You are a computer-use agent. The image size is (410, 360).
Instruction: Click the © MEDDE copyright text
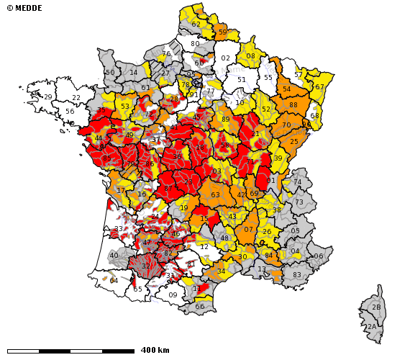point(24,8)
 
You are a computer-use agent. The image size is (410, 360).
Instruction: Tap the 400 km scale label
point(155,350)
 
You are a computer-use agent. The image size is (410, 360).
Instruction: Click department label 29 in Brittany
point(48,97)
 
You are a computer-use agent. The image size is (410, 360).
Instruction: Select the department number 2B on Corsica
point(376,307)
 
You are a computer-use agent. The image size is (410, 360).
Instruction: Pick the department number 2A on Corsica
point(372,327)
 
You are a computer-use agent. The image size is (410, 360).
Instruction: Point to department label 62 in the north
point(196,24)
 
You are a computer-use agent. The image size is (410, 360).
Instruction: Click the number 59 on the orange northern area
point(222,32)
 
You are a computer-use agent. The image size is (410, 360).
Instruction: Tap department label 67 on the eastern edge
point(319,87)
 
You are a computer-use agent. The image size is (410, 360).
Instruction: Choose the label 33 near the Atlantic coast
point(119,229)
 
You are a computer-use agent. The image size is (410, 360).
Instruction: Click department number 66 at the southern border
point(200,307)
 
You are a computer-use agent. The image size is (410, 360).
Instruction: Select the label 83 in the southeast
point(297,275)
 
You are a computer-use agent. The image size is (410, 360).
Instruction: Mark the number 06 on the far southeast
point(319,256)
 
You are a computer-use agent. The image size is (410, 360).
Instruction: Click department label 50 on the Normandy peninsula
point(110,73)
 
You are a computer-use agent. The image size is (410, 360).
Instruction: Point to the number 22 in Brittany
point(76,98)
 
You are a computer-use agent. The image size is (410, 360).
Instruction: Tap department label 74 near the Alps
point(298,182)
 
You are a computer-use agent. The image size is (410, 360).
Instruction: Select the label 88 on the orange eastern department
point(293,105)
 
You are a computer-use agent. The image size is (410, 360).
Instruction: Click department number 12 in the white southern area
point(204,247)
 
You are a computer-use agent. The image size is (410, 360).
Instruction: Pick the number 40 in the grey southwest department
point(114,256)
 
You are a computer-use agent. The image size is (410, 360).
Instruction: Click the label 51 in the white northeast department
point(242,80)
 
